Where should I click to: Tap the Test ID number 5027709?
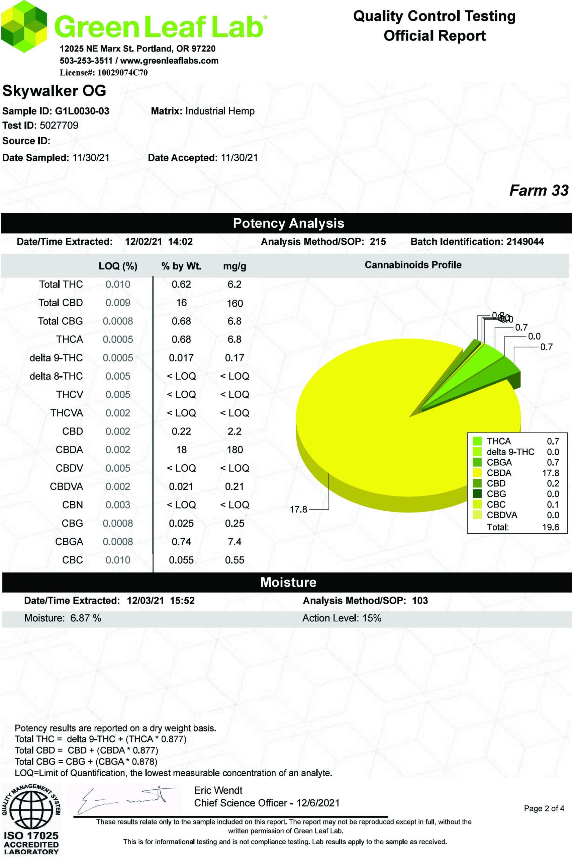pyautogui.click(x=59, y=126)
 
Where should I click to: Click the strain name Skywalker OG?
pyautogui.click(x=54, y=91)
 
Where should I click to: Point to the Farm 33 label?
pyautogui.click(x=539, y=190)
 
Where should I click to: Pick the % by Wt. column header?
pyautogui.click(x=181, y=266)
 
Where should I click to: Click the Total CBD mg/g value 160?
pyautogui.click(x=234, y=303)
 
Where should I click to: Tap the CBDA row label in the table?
pyautogui.click(x=69, y=450)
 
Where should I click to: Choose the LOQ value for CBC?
pyautogui.click(x=118, y=560)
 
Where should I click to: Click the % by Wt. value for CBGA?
pyautogui.click(x=181, y=542)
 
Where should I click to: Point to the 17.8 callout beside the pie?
pyautogui.click(x=298, y=509)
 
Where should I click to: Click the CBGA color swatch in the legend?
pyautogui.click(x=477, y=462)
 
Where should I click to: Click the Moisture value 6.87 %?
pyautogui.click(x=86, y=618)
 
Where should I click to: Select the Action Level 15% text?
pyautogui.click(x=342, y=618)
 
